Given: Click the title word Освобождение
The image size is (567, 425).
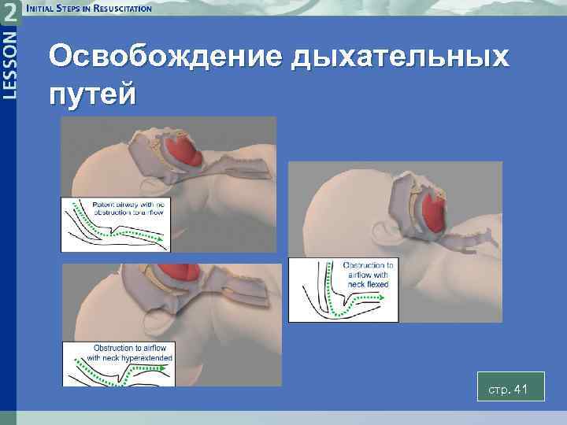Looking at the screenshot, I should [x=166, y=57].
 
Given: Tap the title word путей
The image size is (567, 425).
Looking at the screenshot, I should [x=92, y=94].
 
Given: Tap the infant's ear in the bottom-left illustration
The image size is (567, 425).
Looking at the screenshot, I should [x=157, y=323].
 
